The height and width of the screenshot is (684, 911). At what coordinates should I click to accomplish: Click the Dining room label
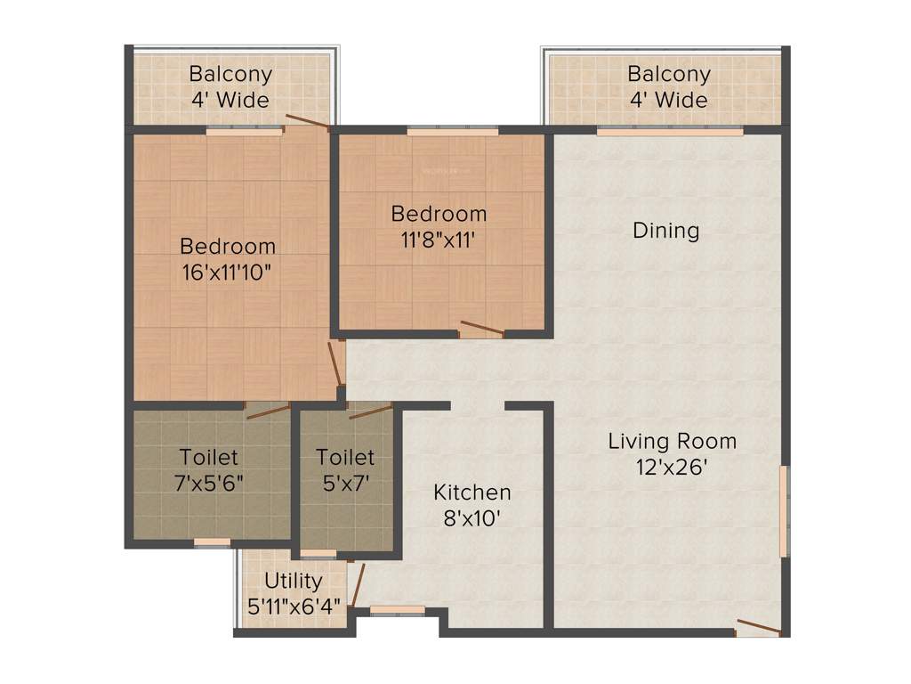coord(665,231)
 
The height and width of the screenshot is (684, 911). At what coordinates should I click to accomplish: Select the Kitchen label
coord(472,493)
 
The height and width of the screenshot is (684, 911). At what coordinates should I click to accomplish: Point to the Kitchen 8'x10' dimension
coord(472,517)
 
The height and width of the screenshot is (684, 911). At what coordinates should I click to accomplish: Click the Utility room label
coord(293,582)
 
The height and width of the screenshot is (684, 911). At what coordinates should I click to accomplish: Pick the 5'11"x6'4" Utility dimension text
coord(293,605)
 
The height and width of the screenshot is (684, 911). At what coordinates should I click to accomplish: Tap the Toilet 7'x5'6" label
coord(209,458)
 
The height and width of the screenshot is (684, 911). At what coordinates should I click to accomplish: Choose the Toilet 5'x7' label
coord(345,458)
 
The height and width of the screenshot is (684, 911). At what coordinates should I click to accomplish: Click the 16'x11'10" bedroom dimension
coord(227,272)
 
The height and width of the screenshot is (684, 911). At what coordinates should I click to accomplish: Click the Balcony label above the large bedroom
coord(230,74)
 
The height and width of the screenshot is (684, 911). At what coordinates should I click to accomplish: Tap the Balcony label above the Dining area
coord(669,74)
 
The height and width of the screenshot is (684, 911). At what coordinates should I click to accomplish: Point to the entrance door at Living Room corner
coord(758,627)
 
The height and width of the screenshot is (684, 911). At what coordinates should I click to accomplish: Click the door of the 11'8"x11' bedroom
coord(481,329)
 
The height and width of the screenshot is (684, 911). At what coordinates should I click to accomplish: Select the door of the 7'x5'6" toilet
coord(268,411)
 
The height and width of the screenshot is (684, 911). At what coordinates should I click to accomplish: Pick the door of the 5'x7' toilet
coord(370,411)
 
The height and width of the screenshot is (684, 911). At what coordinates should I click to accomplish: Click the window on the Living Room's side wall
coord(784,511)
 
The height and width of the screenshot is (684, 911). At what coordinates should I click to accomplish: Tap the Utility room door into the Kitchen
coord(358,583)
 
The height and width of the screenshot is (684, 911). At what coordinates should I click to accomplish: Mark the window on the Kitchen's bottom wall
coord(384,610)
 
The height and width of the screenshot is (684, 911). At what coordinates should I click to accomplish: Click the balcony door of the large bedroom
coord(307,123)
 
